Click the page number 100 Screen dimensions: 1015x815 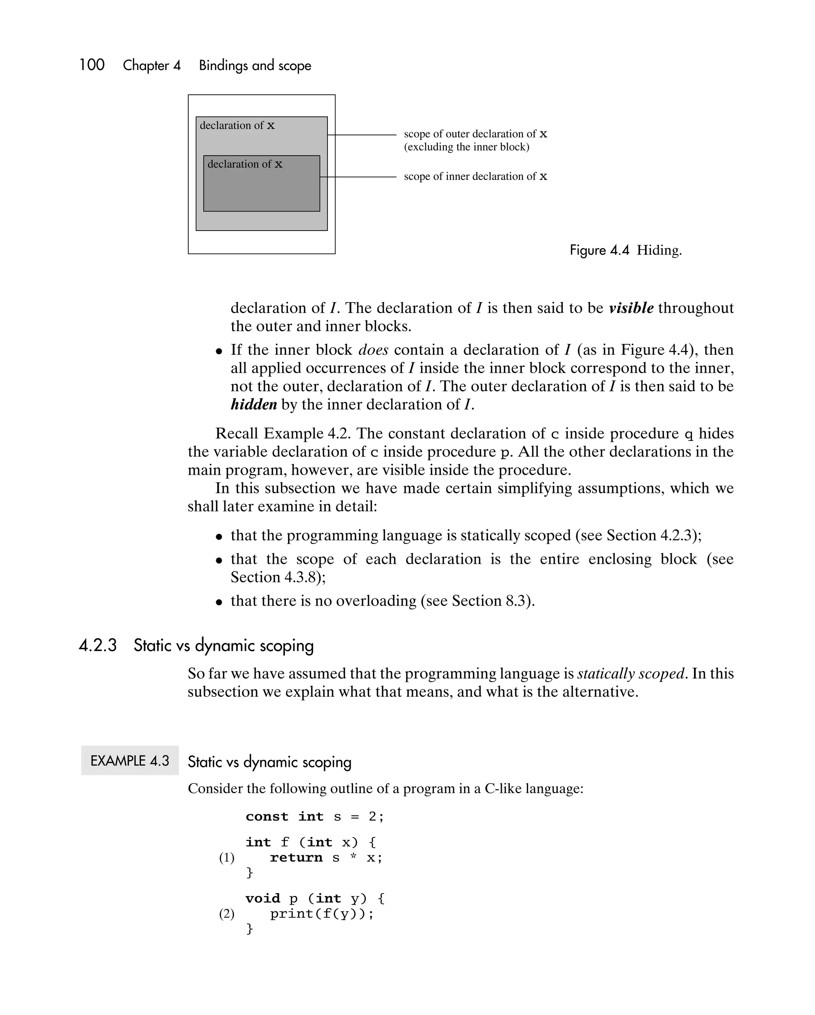click(x=92, y=65)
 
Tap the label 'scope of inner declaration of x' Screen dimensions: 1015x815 click(x=475, y=176)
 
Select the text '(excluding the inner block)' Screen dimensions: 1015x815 click(x=466, y=147)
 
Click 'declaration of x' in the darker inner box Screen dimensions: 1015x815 click(x=245, y=164)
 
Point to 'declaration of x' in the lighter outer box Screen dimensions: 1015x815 click(x=237, y=126)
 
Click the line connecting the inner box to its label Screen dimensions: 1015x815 click(x=358, y=177)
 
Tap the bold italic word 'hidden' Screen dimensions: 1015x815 click(x=253, y=405)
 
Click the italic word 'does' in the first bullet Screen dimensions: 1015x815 click(x=373, y=350)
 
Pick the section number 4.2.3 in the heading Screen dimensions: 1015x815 click(x=97, y=645)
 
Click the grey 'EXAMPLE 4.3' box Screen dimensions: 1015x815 click(x=129, y=760)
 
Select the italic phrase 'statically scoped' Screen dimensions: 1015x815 click(x=630, y=673)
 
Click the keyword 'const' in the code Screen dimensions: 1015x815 click(x=267, y=816)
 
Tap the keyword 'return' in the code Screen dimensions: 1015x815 click(x=296, y=858)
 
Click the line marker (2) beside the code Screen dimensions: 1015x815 click(x=226, y=914)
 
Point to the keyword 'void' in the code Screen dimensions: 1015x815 click(x=262, y=898)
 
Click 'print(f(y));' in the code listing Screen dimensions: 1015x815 click(x=322, y=914)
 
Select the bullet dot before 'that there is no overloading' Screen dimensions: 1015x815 click(x=219, y=602)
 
